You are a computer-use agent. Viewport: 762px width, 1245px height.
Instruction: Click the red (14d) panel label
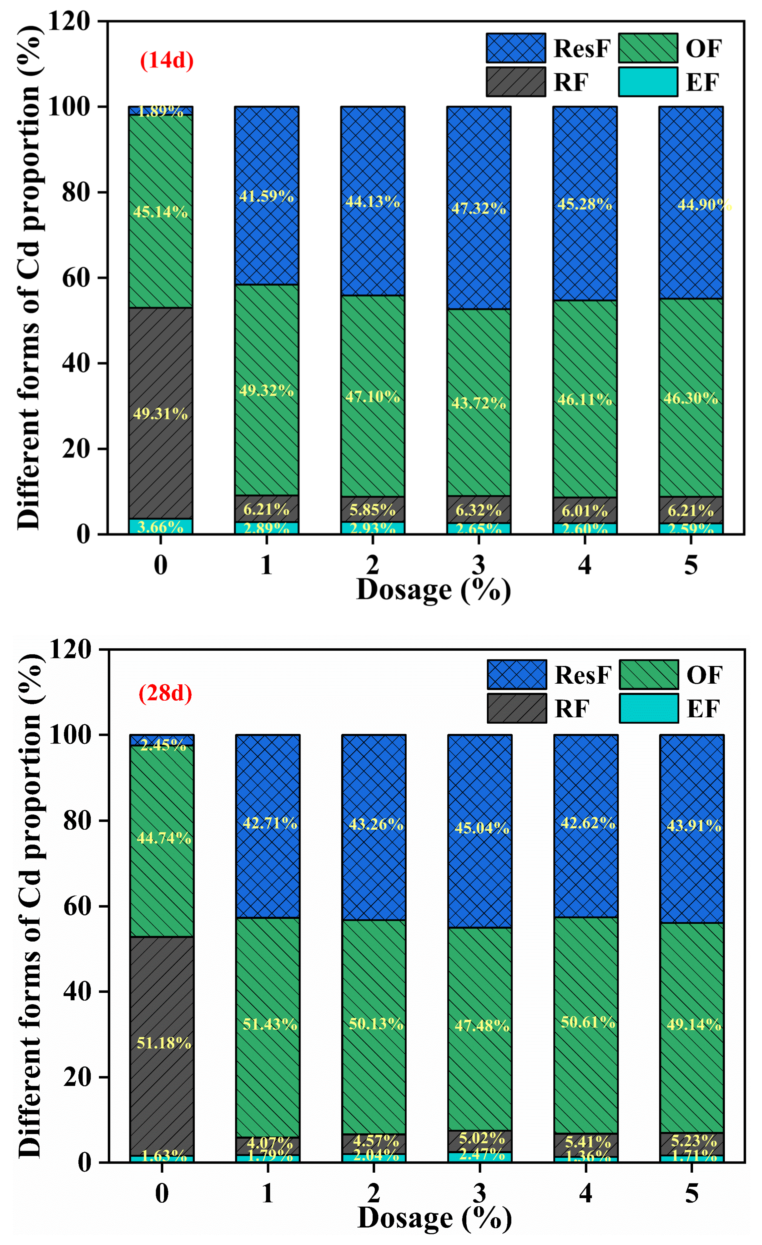tap(167, 61)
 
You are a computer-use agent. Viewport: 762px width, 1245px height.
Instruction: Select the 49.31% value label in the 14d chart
tap(160, 414)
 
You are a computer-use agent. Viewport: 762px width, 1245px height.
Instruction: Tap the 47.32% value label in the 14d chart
tap(478, 208)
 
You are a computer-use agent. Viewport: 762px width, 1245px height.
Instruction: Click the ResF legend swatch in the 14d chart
tap(516, 48)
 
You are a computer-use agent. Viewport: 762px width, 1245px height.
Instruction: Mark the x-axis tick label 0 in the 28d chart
tap(162, 1193)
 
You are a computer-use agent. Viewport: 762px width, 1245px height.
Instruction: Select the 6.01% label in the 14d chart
tap(584, 511)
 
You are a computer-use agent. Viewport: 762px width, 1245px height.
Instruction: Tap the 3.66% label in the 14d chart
tap(160, 527)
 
